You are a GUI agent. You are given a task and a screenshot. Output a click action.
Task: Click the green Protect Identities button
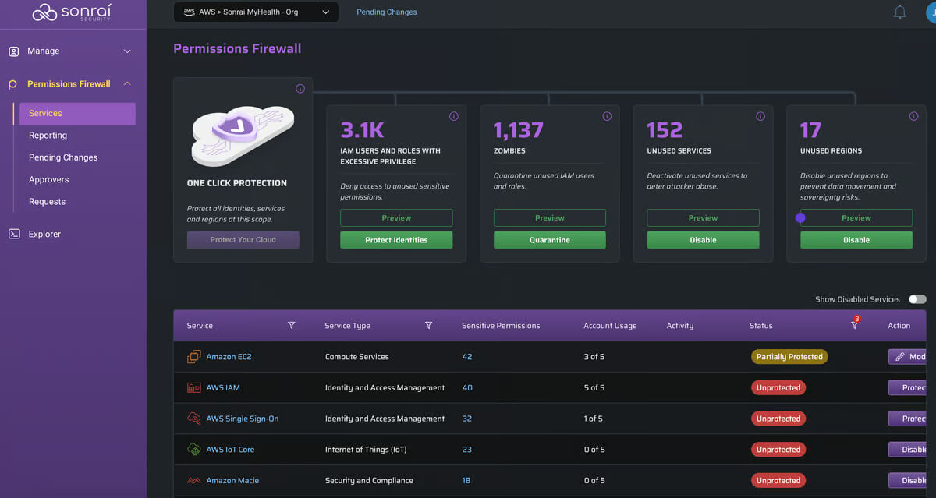[396, 240]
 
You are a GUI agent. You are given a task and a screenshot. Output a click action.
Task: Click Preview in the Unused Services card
[703, 218]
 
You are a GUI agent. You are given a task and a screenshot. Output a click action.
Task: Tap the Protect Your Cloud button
[243, 239]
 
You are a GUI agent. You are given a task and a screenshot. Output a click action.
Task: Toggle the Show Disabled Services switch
[917, 299]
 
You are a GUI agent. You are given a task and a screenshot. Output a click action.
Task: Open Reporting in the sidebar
[48, 136]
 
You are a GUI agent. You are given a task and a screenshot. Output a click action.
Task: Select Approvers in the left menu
[49, 179]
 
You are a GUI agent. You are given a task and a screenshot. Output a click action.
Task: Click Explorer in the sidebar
[44, 234]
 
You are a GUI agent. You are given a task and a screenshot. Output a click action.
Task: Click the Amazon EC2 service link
[229, 357]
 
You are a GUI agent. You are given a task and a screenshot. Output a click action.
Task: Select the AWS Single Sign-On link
[243, 419]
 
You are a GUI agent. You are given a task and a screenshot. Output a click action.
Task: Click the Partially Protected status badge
[789, 357]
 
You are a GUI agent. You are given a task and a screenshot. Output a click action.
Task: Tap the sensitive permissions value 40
[467, 388]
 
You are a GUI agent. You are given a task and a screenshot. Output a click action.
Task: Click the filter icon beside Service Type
[428, 325]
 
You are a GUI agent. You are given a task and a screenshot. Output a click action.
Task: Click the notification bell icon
[899, 12]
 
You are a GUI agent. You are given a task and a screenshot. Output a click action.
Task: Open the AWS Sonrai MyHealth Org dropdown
[256, 12]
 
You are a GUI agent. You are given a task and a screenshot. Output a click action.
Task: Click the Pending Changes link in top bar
[387, 12]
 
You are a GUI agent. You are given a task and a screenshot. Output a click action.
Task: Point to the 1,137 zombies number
[518, 130]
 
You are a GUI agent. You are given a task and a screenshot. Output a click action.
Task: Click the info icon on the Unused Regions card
[914, 116]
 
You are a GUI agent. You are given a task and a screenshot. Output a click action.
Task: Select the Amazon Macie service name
[232, 481]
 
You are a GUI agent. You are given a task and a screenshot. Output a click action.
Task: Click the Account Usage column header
[610, 326]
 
